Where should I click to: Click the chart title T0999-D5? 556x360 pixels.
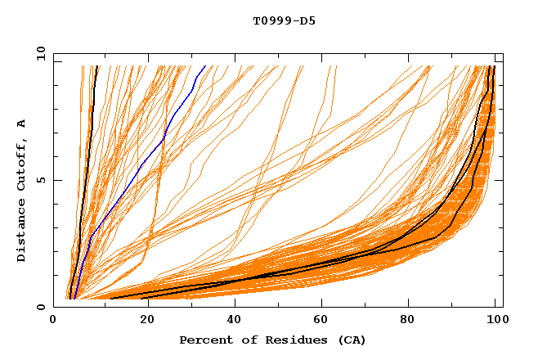pos(284,21)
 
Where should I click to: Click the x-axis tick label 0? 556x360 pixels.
pos(54,322)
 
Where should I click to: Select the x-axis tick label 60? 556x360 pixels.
pos(321,322)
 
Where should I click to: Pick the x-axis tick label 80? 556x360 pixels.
pos(410,322)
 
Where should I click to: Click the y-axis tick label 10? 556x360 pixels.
pos(40,53)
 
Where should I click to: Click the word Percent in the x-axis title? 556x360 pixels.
pos(204,340)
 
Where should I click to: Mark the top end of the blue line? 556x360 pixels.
pos(204,65)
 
